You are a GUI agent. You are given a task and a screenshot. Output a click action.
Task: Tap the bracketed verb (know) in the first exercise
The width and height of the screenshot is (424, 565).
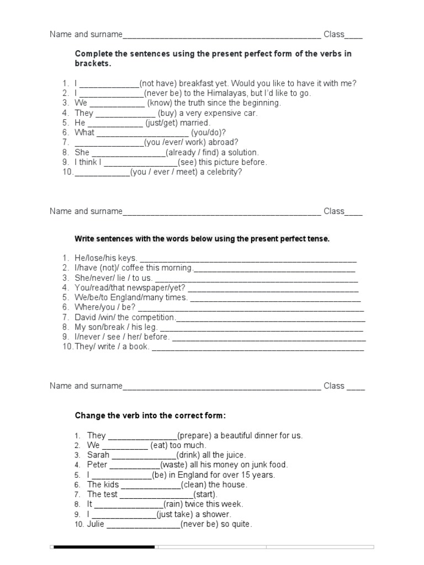[160, 103]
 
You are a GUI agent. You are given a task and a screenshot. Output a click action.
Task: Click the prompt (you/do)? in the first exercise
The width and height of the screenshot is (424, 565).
[209, 133]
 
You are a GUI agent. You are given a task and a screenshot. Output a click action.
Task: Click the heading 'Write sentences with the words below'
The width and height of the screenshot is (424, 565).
[202, 239]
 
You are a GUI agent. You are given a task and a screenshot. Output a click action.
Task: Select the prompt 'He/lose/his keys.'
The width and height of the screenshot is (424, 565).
[106, 258]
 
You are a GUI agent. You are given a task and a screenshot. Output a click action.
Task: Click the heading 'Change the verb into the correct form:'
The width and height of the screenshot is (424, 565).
[150, 415]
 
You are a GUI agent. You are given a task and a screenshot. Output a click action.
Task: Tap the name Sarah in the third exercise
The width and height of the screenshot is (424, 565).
[98, 455]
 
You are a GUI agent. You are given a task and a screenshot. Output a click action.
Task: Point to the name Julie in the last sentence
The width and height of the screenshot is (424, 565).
[96, 525]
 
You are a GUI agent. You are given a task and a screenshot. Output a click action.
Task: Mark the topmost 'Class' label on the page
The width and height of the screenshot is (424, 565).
[333, 34]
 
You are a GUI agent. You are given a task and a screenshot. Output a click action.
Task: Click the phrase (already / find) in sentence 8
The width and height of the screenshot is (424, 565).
[212, 152]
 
